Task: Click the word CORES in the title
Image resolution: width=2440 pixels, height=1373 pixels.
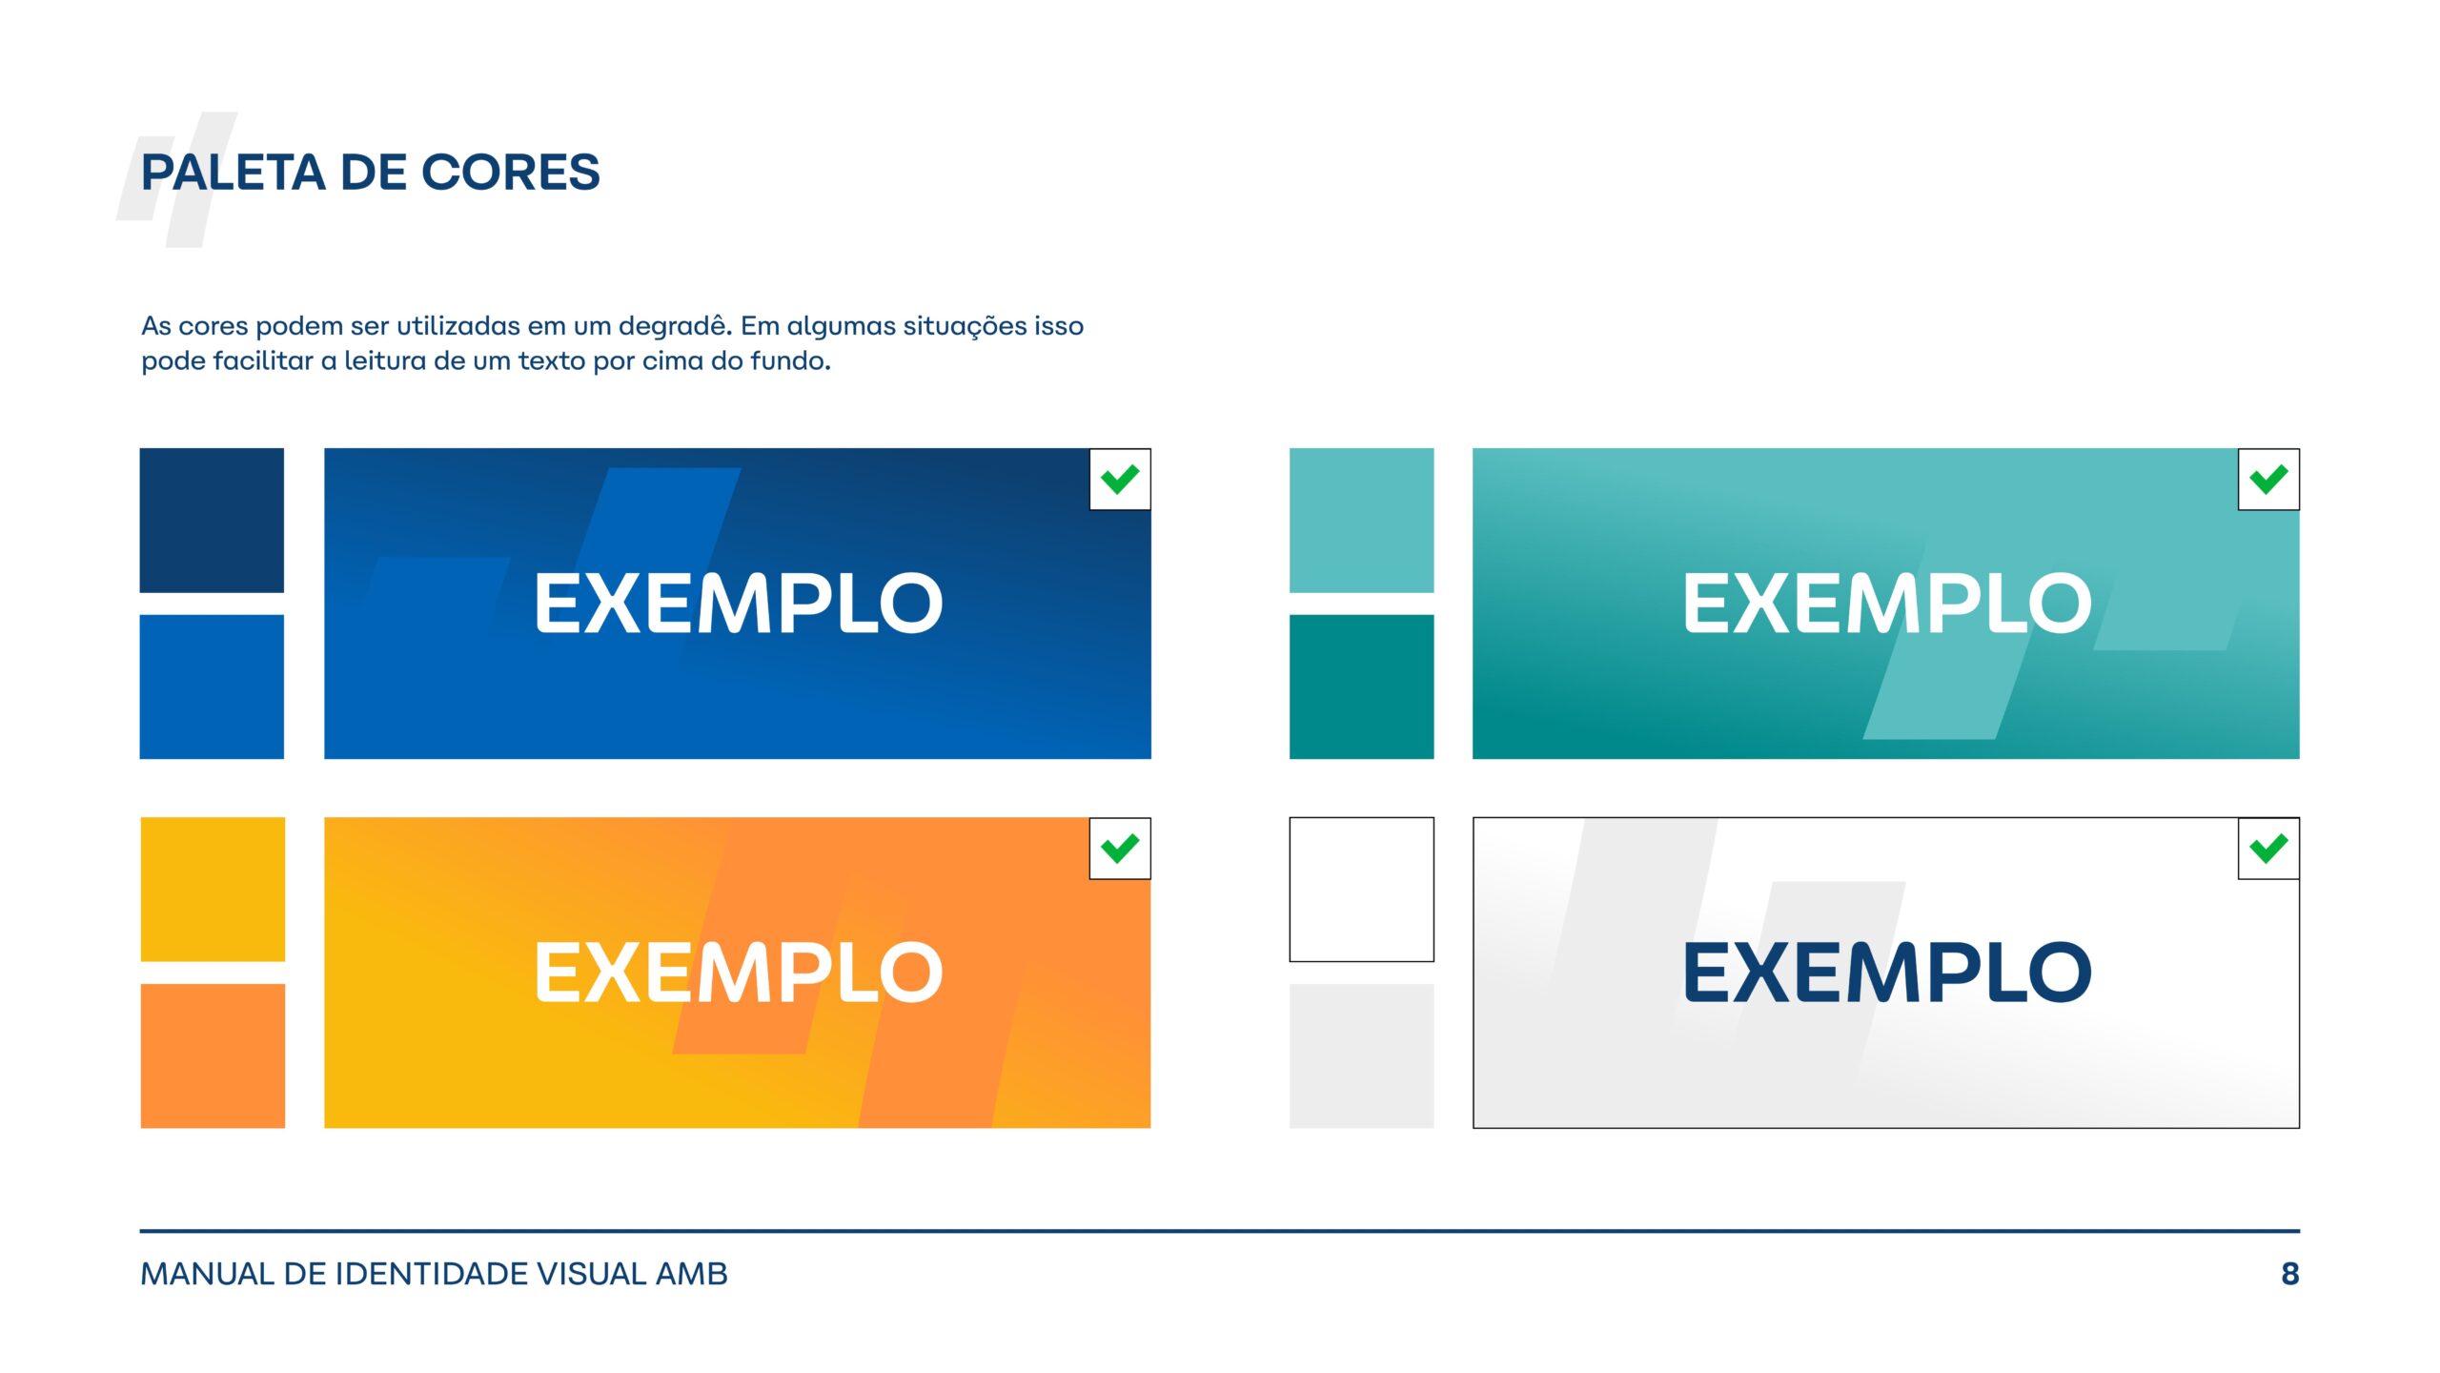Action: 511,173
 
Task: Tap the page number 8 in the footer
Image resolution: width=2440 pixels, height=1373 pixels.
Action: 2290,1274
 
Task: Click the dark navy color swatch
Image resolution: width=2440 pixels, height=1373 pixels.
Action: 212,521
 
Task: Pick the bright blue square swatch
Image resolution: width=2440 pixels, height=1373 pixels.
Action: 212,686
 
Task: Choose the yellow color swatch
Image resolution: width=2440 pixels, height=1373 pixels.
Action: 213,890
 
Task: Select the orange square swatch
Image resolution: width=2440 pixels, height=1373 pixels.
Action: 213,1056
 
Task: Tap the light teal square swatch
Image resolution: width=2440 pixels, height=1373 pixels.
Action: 1361,521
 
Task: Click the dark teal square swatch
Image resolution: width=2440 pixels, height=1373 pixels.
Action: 1361,686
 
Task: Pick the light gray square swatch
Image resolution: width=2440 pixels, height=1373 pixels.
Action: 1361,1056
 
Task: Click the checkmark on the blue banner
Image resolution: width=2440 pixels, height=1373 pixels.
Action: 1120,479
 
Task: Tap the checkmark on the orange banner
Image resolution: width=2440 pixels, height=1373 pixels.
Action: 1120,848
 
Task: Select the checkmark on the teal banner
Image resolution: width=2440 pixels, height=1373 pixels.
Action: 2268,479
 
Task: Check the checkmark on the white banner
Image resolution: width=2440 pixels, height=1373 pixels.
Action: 2268,848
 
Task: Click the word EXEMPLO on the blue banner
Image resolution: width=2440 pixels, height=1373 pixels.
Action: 739,604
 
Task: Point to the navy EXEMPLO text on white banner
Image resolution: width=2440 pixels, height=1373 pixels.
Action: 1887,973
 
